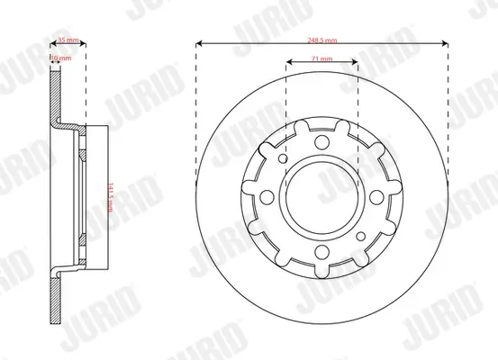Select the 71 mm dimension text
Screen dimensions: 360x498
321,58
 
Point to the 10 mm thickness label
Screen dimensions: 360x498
58,57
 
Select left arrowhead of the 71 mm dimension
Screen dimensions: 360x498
288,63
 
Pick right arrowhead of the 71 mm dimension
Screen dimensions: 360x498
355,63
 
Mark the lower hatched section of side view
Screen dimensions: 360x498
55,297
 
